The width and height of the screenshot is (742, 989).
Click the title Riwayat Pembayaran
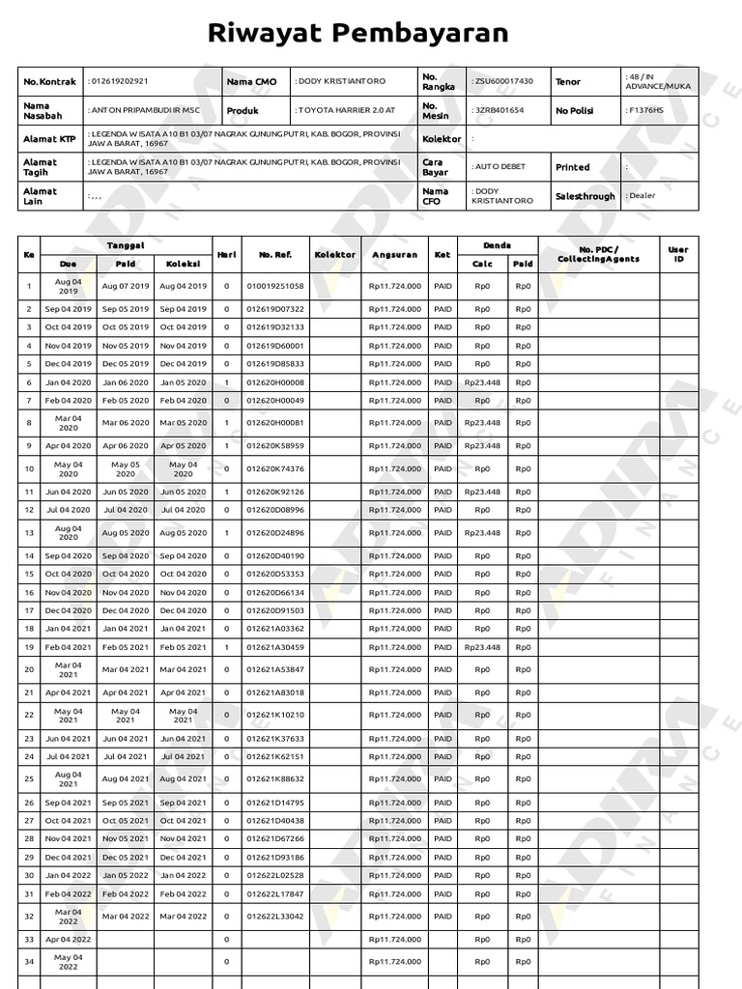coord(372,34)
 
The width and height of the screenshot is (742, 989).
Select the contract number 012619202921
coord(118,82)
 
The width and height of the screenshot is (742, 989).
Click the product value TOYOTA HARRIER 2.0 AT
coord(346,110)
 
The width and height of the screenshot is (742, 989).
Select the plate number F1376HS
coord(645,110)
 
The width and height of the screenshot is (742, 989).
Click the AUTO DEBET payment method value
coord(499,166)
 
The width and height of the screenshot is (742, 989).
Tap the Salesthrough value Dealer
coord(642,195)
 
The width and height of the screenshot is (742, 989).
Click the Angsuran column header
coord(394,254)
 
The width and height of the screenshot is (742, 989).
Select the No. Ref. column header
coord(275,254)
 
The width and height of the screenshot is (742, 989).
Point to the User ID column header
coord(678,254)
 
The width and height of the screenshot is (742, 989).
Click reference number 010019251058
coord(275,286)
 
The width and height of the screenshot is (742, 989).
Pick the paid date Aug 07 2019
coord(126,286)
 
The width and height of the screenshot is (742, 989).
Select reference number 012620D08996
coord(275,510)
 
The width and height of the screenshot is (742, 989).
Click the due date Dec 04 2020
coord(68,610)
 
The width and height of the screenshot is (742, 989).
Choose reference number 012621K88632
coord(275,778)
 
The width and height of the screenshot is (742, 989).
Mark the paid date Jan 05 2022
coord(126,875)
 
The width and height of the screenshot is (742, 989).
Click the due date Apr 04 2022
coord(68,939)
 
